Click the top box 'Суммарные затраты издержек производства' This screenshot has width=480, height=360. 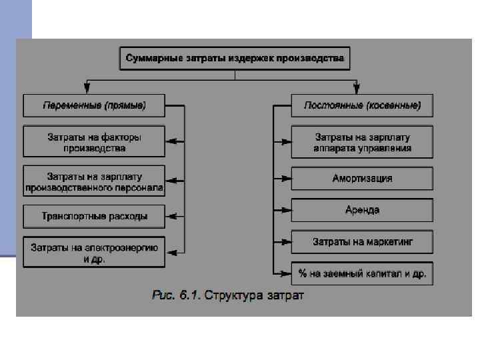[235, 58]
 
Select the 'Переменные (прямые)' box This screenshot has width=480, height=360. [94, 105]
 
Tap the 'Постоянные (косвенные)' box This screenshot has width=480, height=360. [362, 105]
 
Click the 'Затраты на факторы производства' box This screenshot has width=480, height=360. [94, 142]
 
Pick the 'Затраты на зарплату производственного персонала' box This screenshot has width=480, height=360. [94, 181]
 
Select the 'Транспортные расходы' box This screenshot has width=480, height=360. [94, 216]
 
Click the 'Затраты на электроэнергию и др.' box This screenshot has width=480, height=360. [94, 253]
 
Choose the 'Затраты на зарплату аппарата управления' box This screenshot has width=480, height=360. [362, 142]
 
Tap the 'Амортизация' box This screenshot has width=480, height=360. [362, 179]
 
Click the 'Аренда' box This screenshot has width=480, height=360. [362, 210]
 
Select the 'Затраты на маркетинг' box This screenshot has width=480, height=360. [362, 241]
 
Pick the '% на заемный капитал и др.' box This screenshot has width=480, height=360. [362, 273]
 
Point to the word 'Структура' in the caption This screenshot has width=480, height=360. [231, 295]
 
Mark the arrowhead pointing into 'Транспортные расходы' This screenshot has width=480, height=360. [170, 216]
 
